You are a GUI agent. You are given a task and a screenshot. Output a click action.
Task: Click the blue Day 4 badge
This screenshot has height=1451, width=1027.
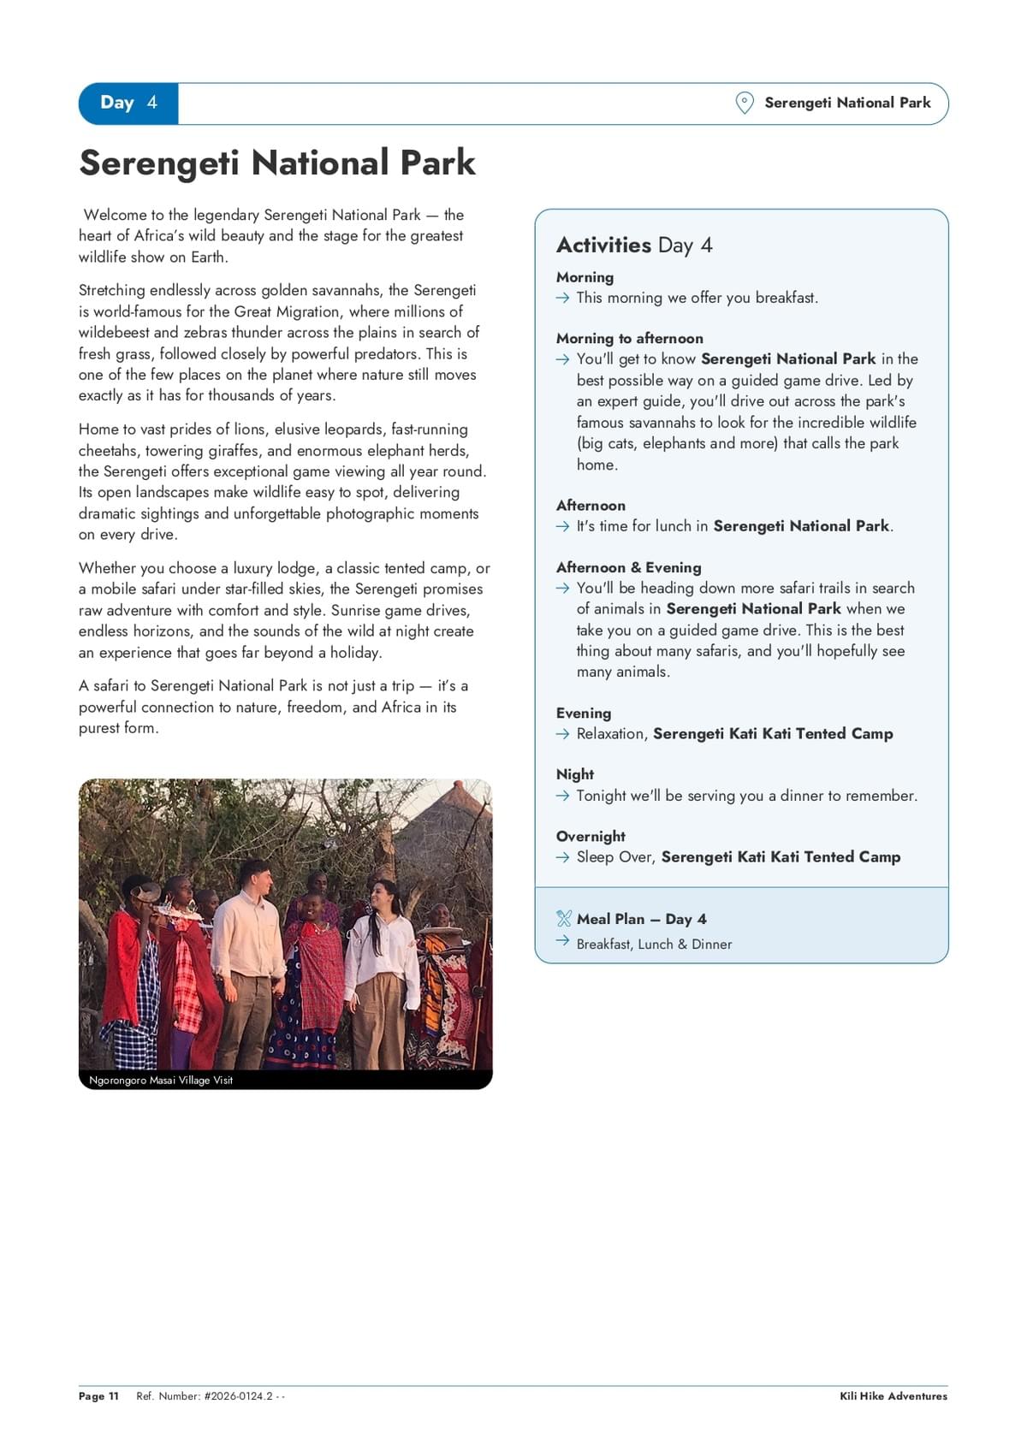(128, 104)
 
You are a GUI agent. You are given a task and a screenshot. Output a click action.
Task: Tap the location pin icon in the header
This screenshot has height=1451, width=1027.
(745, 103)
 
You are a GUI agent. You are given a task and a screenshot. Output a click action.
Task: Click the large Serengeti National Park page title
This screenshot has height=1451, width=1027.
(277, 163)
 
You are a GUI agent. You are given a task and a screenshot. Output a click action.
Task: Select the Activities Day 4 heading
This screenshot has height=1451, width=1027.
(634, 246)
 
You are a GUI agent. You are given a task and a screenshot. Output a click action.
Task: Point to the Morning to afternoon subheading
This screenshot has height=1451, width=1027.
(629, 338)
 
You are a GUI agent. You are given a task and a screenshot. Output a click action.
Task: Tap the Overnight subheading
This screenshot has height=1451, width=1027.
(591, 836)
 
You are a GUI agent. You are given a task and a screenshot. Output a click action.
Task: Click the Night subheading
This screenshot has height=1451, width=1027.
(574, 774)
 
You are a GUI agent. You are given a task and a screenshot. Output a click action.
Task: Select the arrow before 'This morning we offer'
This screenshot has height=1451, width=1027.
(562, 298)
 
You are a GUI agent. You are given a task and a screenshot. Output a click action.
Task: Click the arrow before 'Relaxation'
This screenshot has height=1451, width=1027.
(562, 734)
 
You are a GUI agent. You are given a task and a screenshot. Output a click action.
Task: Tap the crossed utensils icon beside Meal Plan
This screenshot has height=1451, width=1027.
(563, 919)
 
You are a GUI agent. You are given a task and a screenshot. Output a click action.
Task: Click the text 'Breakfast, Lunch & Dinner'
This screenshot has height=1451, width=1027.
(654, 945)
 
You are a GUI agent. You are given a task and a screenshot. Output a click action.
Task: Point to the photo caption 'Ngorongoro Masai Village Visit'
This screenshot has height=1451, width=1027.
(161, 1081)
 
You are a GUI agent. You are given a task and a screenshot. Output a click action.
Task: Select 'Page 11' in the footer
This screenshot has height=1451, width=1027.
(98, 1396)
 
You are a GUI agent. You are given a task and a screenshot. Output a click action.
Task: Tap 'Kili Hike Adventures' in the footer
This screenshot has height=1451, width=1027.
(893, 1396)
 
